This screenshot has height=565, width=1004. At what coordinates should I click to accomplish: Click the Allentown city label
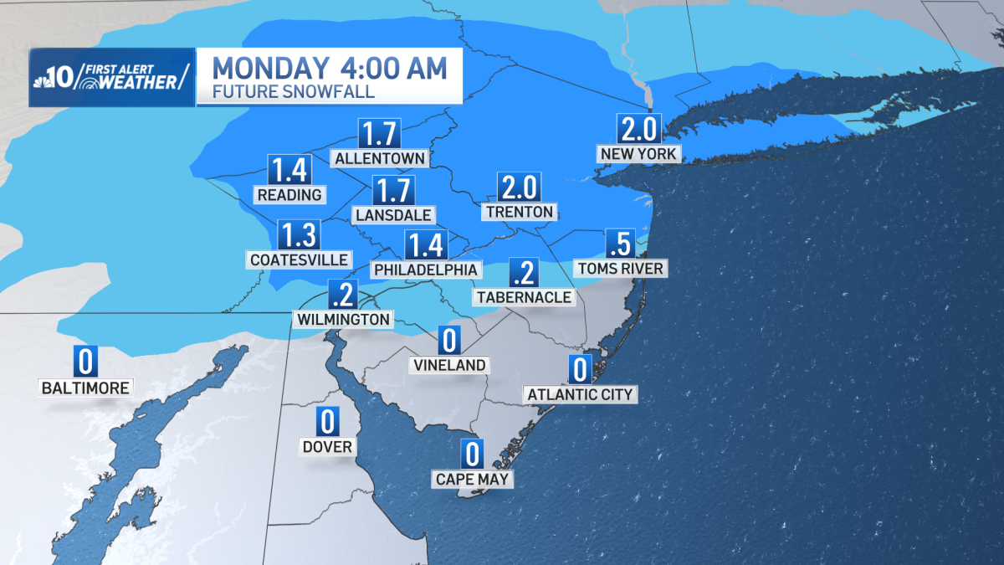[379, 157]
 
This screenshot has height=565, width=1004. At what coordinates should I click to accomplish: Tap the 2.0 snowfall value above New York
[640, 129]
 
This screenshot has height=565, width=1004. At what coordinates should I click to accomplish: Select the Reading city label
[289, 194]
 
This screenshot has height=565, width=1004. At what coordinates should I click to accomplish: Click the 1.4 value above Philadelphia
[426, 245]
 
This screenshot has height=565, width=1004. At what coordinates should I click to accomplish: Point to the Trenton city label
[519, 212]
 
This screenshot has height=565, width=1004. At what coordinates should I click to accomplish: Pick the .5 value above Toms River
[620, 244]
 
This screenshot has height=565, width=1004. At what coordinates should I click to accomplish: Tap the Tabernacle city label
[525, 296]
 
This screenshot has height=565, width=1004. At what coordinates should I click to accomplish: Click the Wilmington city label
[342, 319]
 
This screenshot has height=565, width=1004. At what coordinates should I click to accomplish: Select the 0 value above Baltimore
[85, 362]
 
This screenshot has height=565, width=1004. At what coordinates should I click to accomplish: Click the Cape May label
[473, 479]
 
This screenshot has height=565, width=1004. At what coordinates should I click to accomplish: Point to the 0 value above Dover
[327, 422]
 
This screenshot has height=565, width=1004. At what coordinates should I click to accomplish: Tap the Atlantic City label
[580, 394]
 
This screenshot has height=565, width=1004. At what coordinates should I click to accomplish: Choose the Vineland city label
[449, 365]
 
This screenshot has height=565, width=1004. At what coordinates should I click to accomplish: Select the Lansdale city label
[393, 215]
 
